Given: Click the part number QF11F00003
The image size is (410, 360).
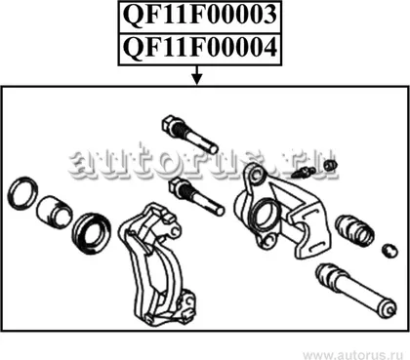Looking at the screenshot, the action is (x=200, y=16).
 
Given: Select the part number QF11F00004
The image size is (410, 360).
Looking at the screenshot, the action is (x=200, y=48).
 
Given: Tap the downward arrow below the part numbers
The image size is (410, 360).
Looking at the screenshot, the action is (x=197, y=75).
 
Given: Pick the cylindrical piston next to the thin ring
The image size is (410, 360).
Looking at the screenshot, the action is (x=54, y=212).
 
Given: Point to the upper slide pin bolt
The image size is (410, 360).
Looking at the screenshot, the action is (x=189, y=135).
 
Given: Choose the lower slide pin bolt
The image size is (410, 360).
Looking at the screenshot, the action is (x=196, y=196).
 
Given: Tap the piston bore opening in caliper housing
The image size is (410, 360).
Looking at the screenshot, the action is (x=265, y=214).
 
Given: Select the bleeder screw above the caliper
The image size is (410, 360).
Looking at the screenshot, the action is (x=304, y=173).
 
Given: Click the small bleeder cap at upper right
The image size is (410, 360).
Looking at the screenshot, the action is (x=330, y=165).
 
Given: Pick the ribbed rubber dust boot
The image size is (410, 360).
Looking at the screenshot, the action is (x=354, y=229).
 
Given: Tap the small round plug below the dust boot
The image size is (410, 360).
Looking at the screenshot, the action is (x=389, y=250).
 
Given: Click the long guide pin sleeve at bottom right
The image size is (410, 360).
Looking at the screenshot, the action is (x=356, y=289).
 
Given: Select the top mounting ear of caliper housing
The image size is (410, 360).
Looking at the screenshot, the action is (x=256, y=174).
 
